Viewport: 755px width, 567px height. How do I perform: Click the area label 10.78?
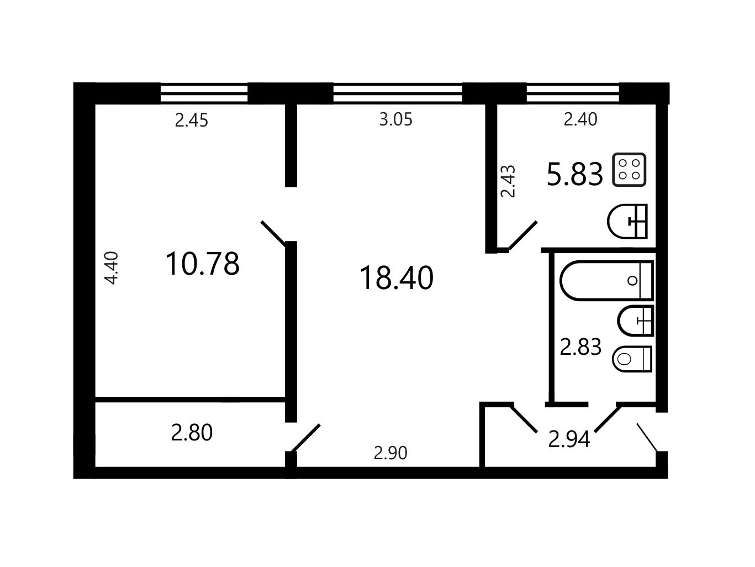[202, 264]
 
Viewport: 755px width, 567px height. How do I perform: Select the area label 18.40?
[396, 278]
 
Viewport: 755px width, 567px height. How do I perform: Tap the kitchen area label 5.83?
[575, 174]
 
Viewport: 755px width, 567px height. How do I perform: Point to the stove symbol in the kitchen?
[629, 170]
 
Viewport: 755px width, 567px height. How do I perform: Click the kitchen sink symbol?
[627, 221]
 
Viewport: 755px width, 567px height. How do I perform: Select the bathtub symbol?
[606, 281]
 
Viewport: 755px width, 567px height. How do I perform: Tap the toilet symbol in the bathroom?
[632, 359]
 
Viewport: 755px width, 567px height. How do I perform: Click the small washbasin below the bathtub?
[635, 321]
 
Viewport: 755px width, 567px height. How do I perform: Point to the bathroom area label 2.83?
[580, 347]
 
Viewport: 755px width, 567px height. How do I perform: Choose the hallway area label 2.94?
[569, 439]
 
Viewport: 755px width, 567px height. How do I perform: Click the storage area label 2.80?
[192, 433]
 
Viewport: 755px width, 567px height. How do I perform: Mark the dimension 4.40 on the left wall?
[112, 268]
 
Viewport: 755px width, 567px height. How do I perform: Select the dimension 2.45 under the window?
[191, 120]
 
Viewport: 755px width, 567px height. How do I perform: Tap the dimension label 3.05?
[395, 119]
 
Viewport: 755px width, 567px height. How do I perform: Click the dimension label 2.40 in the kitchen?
[580, 119]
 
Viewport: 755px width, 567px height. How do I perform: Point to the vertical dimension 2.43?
[508, 181]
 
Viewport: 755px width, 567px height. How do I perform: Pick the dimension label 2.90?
[390, 453]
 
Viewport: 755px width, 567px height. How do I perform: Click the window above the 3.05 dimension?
[398, 93]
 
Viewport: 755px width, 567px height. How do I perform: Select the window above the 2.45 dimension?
[204, 93]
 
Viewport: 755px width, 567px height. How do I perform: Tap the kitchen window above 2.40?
[573, 93]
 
